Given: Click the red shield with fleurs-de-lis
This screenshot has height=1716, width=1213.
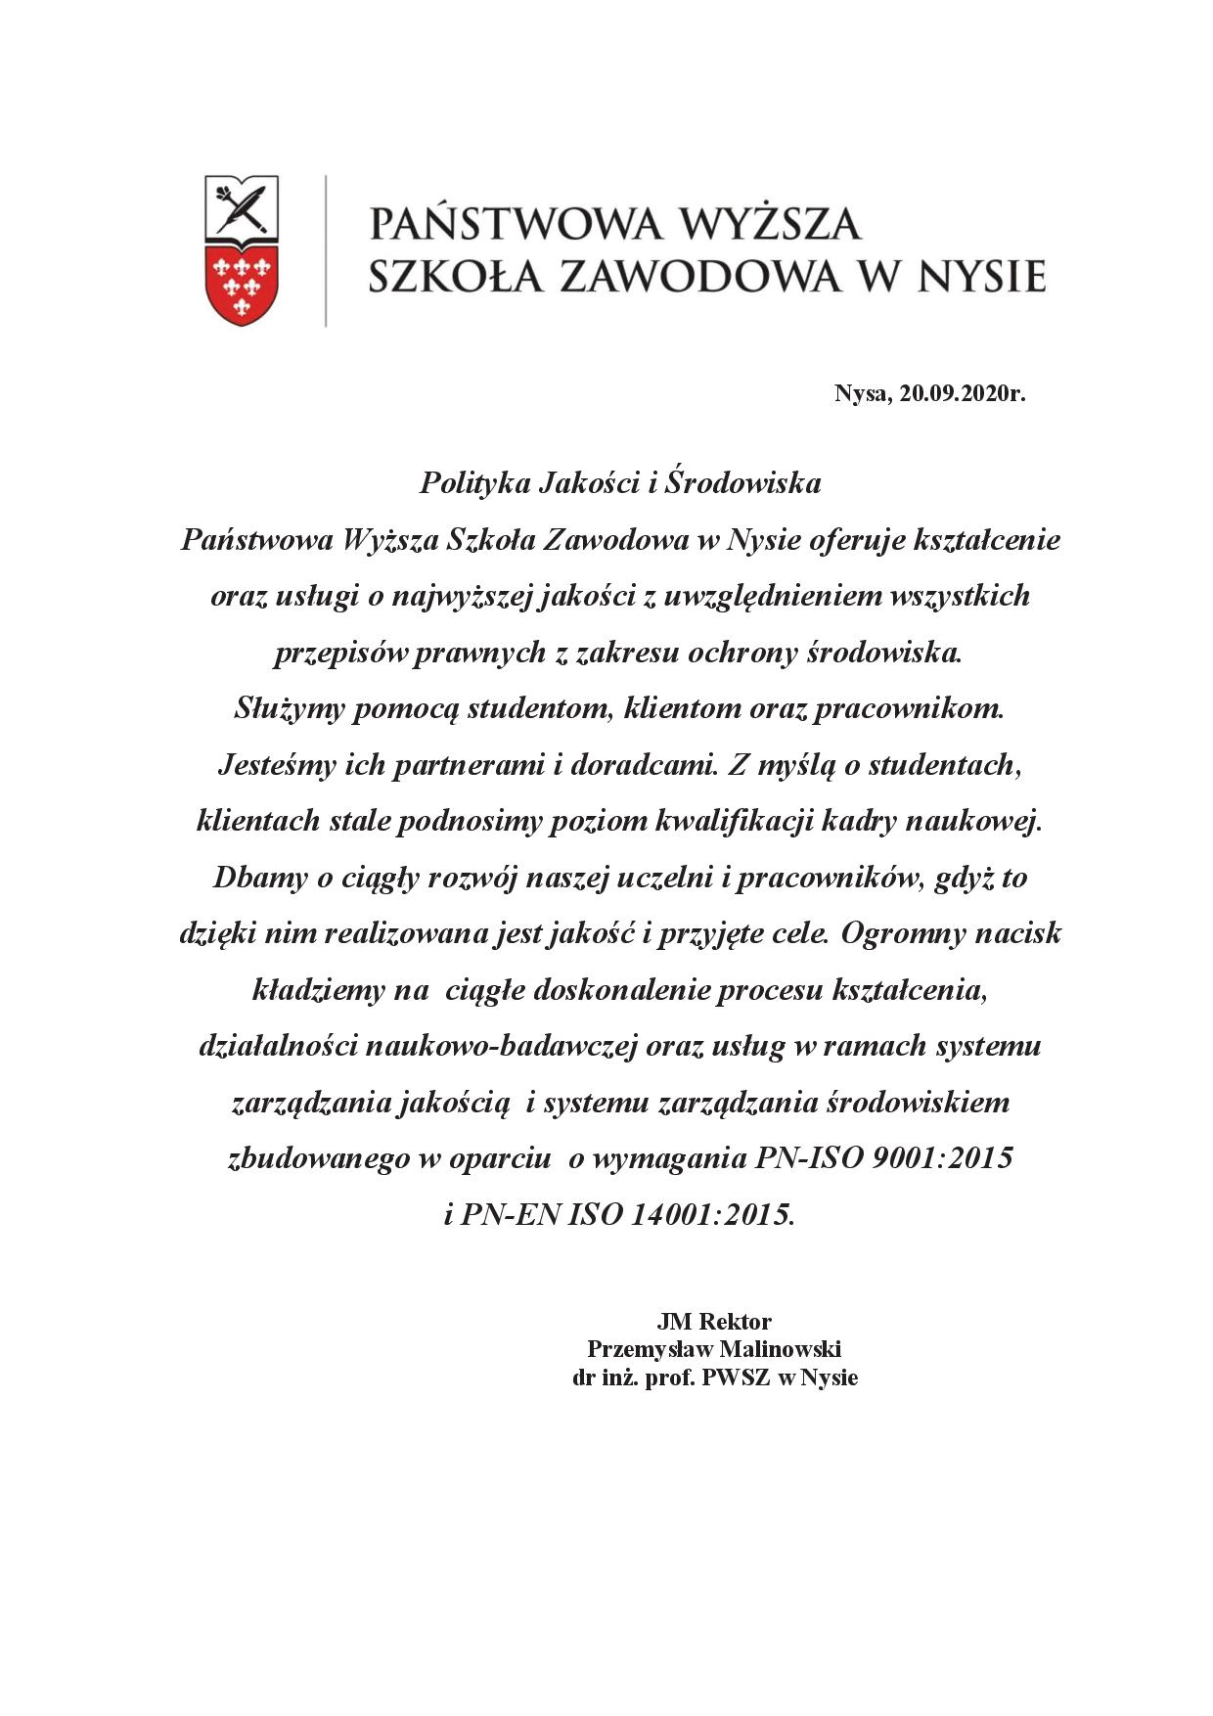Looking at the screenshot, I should [x=241, y=286].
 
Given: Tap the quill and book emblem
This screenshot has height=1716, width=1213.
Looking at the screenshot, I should [x=241, y=207].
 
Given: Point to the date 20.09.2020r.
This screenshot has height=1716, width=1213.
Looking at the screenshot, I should [x=963, y=394].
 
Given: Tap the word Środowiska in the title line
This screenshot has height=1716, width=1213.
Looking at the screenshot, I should [x=742, y=483].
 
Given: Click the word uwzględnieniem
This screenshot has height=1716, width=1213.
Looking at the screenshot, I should [x=772, y=596].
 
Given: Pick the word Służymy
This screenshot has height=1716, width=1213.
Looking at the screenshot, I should [x=290, y=708].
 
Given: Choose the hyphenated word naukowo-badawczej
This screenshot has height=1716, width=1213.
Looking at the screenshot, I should [x=504, y=1047].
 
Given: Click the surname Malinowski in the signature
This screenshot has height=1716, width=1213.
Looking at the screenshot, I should [x=781, y=1349].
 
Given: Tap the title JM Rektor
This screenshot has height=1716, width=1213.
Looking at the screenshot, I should [x=714, y=1322].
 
